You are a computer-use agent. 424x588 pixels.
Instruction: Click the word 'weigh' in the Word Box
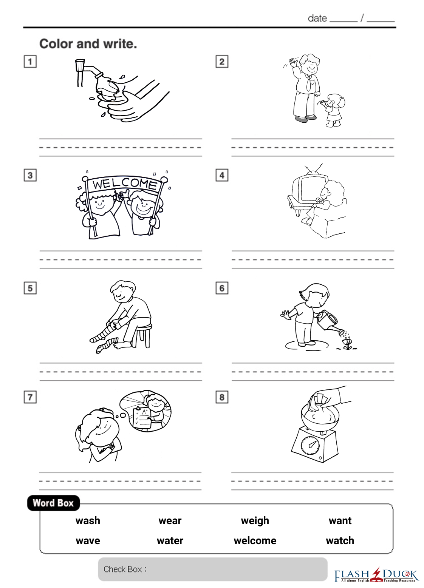255,521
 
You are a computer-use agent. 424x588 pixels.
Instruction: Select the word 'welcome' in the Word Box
255,541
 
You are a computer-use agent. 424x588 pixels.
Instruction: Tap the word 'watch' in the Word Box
340,541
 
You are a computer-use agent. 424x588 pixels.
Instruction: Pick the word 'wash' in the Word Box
88,520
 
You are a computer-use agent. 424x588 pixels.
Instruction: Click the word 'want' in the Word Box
340,521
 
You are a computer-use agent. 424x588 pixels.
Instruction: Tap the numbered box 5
30,288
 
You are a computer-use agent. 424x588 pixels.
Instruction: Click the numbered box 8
222,397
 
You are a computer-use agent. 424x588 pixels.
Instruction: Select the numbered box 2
222,62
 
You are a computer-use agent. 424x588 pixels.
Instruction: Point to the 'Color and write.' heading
88,44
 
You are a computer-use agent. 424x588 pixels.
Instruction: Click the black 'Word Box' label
53,503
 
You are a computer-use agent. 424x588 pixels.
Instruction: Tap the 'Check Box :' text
125,569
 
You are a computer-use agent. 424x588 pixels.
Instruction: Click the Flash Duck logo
376,575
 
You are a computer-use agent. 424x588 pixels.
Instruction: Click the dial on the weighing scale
310,445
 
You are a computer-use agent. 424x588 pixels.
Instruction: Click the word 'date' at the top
317,19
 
